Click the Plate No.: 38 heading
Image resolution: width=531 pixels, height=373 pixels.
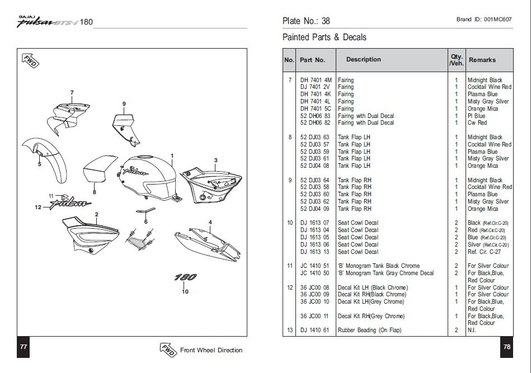[306, 21]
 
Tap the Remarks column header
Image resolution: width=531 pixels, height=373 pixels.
[482, 60]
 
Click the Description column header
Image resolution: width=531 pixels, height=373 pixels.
[363, 59]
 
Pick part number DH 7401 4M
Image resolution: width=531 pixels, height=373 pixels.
[316, 80]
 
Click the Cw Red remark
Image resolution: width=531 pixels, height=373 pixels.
[477, 122]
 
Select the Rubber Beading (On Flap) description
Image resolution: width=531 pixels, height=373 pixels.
[369, 330]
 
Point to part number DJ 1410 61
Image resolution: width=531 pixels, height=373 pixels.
[315, 330]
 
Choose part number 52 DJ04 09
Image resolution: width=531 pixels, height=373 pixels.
[315, 209]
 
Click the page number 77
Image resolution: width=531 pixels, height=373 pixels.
[24, 347]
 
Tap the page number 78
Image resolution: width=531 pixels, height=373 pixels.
[506, 347]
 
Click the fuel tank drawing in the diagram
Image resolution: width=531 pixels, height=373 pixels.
[147, 174]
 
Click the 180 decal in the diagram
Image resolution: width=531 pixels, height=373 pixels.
[185, 277]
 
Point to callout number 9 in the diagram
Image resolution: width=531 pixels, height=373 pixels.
[124, 103]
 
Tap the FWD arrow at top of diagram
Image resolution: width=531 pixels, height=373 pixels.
[29, 61]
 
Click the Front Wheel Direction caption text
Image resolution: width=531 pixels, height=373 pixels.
[211, 350]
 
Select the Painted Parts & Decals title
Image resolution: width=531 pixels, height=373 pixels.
[324, 37]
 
